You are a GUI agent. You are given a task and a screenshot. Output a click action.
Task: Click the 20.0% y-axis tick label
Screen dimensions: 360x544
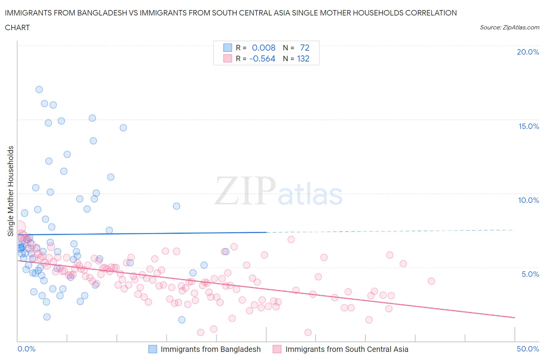pyautogui.click(x=528, y=52)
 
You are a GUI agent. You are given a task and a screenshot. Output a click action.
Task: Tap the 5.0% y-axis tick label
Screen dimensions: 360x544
pyautogui.click(x=530, y=274)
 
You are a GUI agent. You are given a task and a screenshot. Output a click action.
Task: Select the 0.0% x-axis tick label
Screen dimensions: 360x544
pyautogui.click(x=27, y=349)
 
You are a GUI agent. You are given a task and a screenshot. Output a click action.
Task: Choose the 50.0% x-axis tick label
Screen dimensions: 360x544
pyautogui.click(x=528, y=349)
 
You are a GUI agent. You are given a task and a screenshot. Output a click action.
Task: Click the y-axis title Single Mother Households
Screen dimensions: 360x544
pyautogui.click(x=11, y=191)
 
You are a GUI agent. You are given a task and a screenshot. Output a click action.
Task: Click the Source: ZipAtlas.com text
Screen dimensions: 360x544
pyautogui.click(x=509, y=27)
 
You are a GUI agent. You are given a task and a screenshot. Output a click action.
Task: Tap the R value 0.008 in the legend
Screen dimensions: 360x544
pyautogui.click(x=263, y=48)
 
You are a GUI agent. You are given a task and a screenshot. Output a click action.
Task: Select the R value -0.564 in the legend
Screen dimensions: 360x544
pyautogui.click(x=262, y=58)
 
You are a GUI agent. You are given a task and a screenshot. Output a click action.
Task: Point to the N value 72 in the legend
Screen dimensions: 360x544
pyautogui.click(x=305, y=48)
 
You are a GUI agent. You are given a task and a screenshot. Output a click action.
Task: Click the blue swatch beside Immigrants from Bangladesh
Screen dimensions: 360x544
pyautogui.click(x=153, y=349)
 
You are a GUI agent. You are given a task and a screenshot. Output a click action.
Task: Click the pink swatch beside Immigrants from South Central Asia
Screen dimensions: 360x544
pyautogui.click(x=277, y=349)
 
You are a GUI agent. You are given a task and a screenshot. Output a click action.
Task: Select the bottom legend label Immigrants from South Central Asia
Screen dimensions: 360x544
pyautogui.click(x=347, y=349)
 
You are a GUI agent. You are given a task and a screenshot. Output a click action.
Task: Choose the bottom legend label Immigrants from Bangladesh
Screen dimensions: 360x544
pyautogui.click(x=210, y=349)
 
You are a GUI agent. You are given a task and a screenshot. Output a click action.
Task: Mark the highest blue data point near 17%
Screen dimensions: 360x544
pyautogui.click(x=39, y=89)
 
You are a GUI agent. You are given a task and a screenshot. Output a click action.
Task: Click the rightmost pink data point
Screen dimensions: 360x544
pyautogui.click(x=431, y=281)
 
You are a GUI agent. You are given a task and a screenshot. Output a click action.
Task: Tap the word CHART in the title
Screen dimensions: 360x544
pyautogui.click(x=17, y=27)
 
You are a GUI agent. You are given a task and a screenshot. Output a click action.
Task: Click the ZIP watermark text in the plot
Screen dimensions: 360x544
pyautogui.click(x=245, y=191)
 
